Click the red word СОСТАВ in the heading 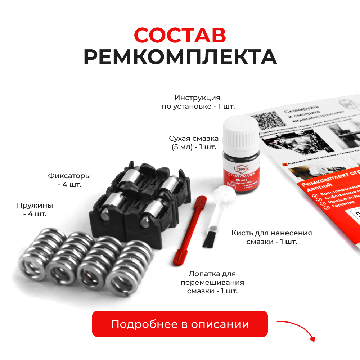180,35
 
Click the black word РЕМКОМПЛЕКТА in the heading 180,57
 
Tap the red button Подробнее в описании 180,324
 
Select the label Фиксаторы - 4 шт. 69,180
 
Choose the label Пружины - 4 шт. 35,210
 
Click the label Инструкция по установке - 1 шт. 198,102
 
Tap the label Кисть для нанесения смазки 271,237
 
